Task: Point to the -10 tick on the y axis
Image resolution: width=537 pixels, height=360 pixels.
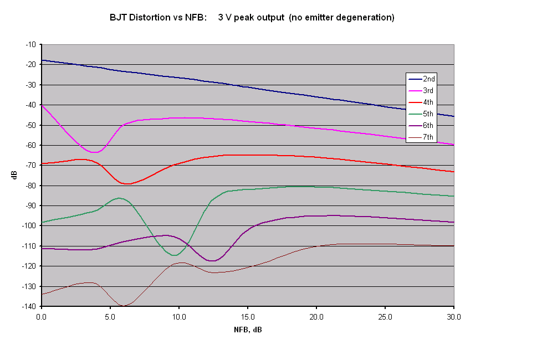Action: (x=30, y=44)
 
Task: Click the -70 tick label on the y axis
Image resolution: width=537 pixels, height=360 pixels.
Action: (x=30, y=165)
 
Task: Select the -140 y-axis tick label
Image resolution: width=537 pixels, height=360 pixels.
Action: (x=28, y=306)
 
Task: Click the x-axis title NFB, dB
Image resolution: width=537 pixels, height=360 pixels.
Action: (x=248, y=330)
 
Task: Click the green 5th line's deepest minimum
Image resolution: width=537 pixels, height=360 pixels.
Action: (x=175, y=255)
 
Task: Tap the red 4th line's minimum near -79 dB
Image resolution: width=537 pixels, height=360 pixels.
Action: (x=127, y=184)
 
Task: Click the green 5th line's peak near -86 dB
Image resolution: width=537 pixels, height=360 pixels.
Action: (x=119, y=198)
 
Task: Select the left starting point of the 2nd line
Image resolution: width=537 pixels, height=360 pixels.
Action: (x=42, y=60)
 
